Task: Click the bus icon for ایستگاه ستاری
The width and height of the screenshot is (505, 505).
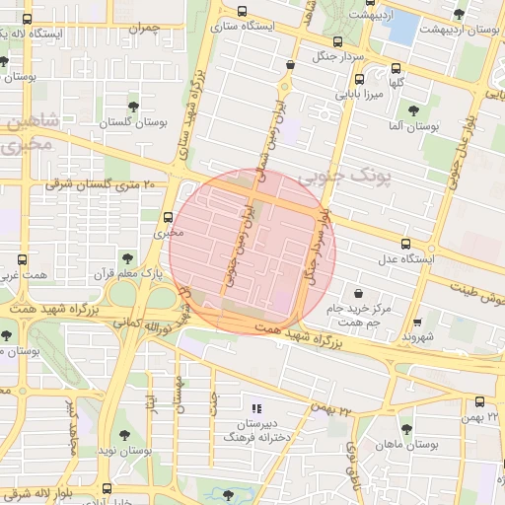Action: (x=243, y=12)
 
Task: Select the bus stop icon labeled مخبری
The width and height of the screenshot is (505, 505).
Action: (x=168, y=218)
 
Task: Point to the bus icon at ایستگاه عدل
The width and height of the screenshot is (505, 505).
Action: (x=404, y=244)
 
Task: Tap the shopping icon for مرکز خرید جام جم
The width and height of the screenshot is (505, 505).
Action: (x=357, y=293)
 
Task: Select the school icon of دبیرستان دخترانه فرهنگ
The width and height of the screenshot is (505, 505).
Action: (x=256, y=407)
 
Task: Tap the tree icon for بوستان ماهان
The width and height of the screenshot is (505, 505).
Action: (x=405, y=428)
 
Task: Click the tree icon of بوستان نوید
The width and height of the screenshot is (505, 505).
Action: (x=123, y=434)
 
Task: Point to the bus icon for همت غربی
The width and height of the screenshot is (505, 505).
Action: (x=22, y=261)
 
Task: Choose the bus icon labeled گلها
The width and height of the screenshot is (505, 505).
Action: (x=396, y=70)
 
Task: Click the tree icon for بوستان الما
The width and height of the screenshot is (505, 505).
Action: (x=412, y=109)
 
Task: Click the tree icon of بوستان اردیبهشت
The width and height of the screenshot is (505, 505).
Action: (x=458, y=13)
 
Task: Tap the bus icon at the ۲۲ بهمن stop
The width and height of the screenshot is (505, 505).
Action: (x=479, y=401)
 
